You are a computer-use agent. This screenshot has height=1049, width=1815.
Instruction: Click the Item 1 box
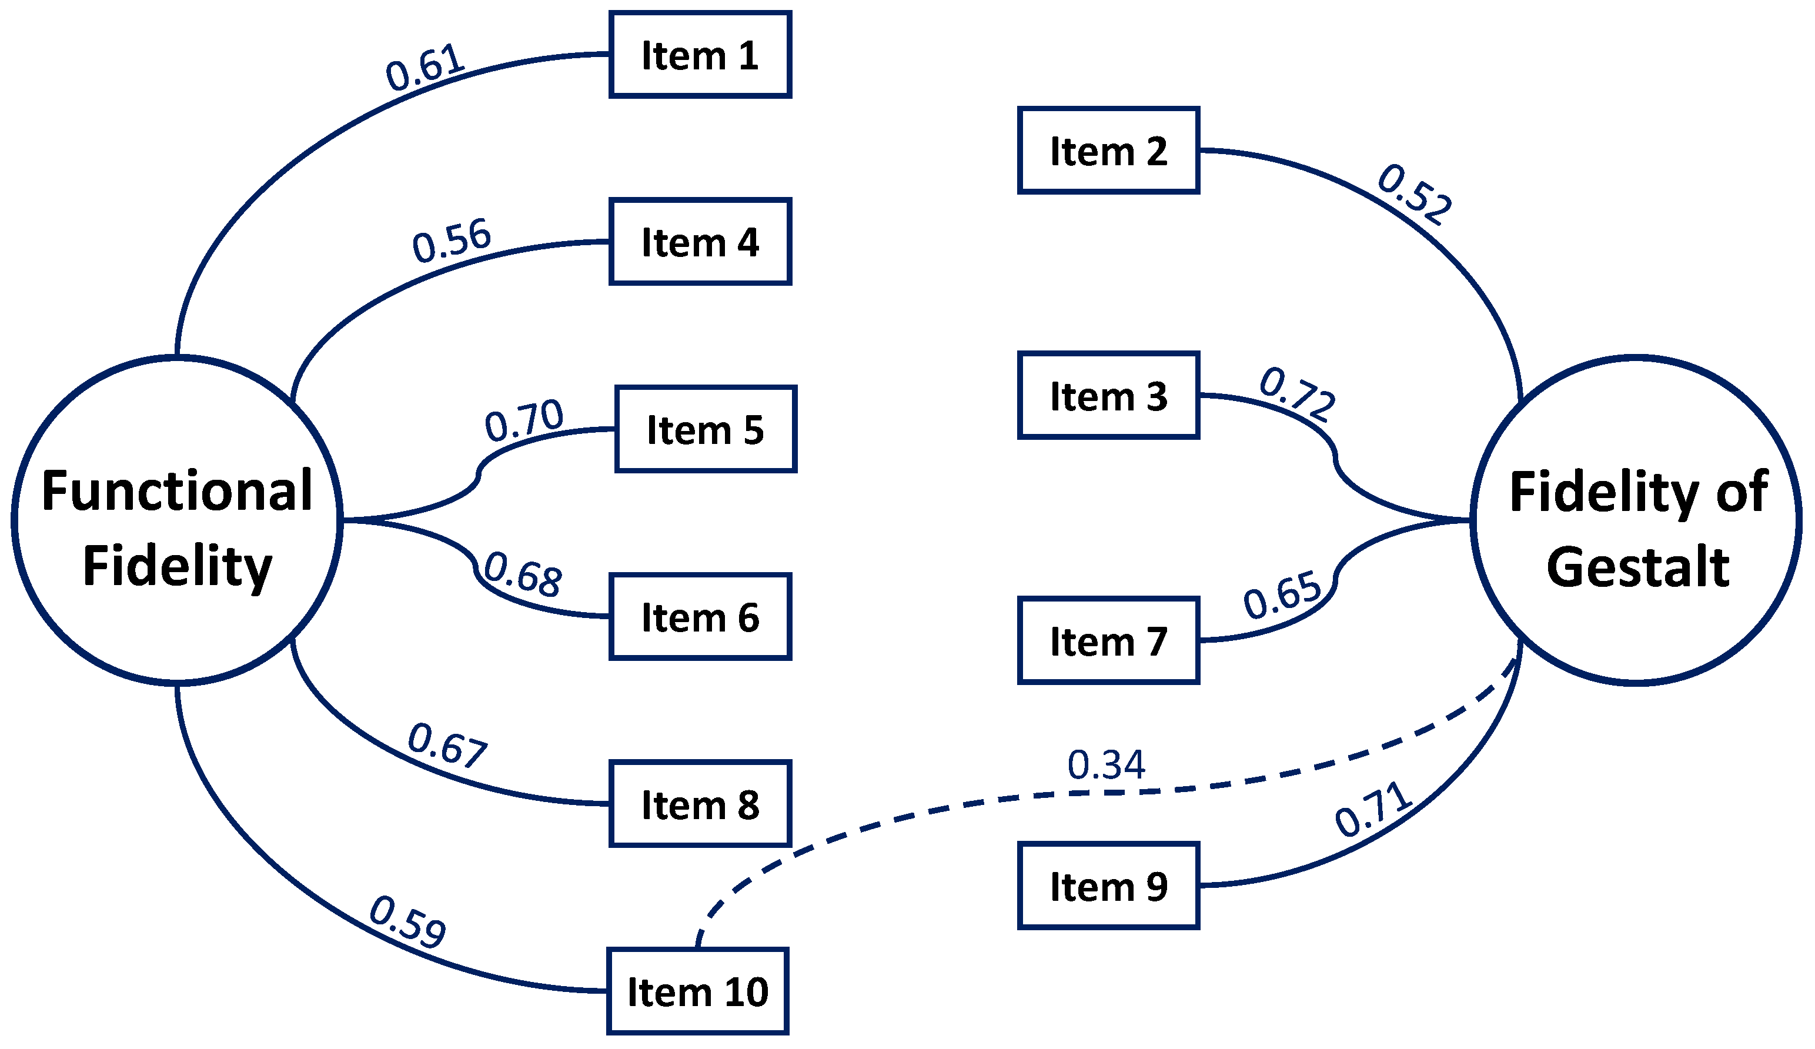[x=700, y=55]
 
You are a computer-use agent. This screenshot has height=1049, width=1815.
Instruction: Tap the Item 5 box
[x=706, y=429]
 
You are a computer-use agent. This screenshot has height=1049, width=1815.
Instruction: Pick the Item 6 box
[x=700, y=617]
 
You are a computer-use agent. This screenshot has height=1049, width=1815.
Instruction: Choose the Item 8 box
[x=700, y=804]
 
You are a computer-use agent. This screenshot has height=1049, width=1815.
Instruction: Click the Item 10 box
[x=697, y=991]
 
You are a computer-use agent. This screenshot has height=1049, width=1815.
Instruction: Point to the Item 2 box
[x=1108, y=151]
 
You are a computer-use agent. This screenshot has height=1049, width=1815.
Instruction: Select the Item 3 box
[x=1108, y=396]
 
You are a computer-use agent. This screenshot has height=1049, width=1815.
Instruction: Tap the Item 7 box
[x=1108, y=640]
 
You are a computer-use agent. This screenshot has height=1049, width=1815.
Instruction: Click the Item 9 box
[x=1108, y=886]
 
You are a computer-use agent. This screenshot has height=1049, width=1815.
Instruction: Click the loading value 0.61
[x=425, y=68]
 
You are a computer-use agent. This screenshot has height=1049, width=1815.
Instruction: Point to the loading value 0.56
[x=452, y=240]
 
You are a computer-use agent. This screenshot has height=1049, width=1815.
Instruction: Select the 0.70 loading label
[x=524, y=421]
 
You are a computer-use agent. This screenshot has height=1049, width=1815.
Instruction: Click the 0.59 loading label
[x=407, y=922]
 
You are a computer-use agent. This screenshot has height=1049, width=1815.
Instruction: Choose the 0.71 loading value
[x=1373, y=810]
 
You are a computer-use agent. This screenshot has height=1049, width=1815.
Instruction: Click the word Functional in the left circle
[x=177, y=492]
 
